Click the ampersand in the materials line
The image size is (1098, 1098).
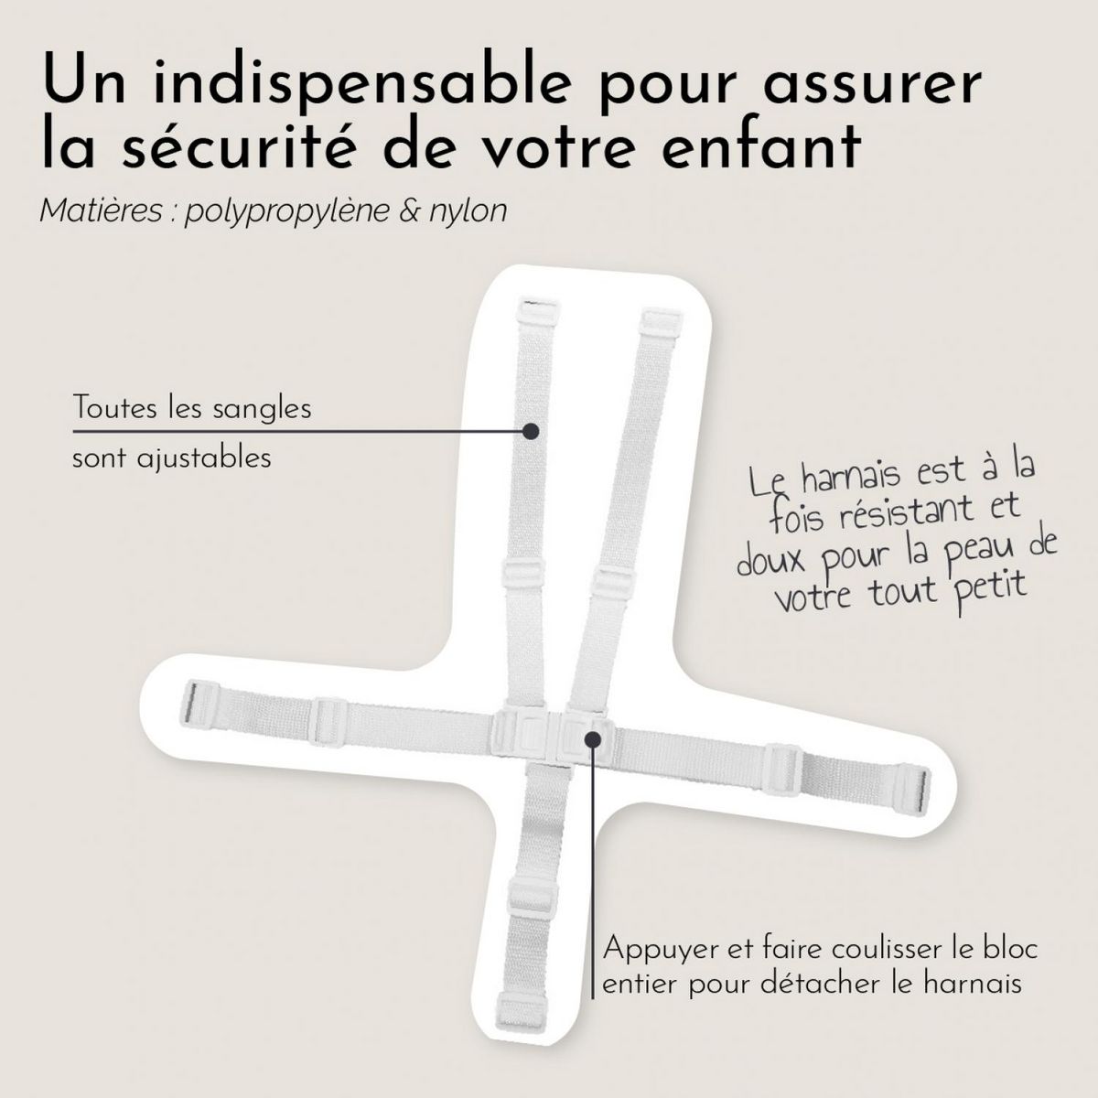(x=409, y=212)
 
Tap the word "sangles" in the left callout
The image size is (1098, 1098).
(x=265, y=408)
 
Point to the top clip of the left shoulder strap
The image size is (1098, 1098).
(x=533, y=308)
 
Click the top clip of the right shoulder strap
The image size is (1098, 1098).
(x=657, y=322)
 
